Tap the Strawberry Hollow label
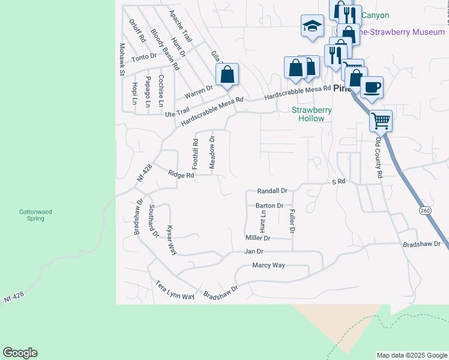pos(307,114)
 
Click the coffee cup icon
pos(372,86)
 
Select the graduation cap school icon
pos(312,26)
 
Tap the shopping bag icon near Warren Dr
pos(228,75)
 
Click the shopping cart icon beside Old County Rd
pos(381,121)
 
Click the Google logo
pos(20,353)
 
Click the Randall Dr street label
pos(273,190)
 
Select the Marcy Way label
pos(268,265)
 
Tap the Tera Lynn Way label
pos(175,290)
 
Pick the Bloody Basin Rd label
pos(165,50)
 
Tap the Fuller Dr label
pos(292,221)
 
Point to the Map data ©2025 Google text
pos(411,355)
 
